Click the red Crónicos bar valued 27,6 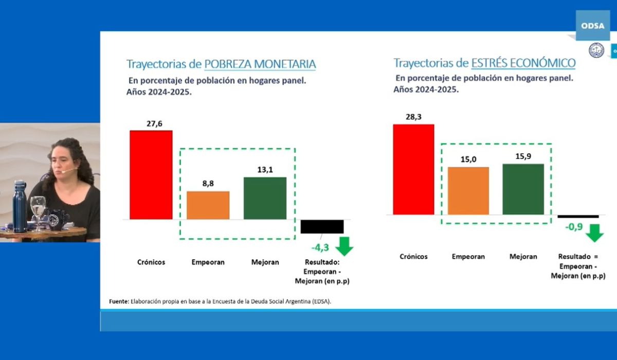(151, 175)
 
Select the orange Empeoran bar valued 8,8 (208, 205)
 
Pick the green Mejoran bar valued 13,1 (265, 198)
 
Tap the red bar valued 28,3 (413, 169)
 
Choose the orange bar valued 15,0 (468, 190)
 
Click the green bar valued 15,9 (523, 189)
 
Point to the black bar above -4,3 (322, 226)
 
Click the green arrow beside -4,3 (344, 245)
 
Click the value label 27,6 (151, 123)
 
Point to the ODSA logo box (592, 25)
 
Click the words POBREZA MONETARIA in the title (260, 64)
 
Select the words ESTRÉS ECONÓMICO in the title (523, 63)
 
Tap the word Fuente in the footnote (118, 301)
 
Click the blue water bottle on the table (20, 206)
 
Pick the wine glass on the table (38, 210)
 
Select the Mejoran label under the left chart (265, 262)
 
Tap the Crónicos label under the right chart (413, 257)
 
